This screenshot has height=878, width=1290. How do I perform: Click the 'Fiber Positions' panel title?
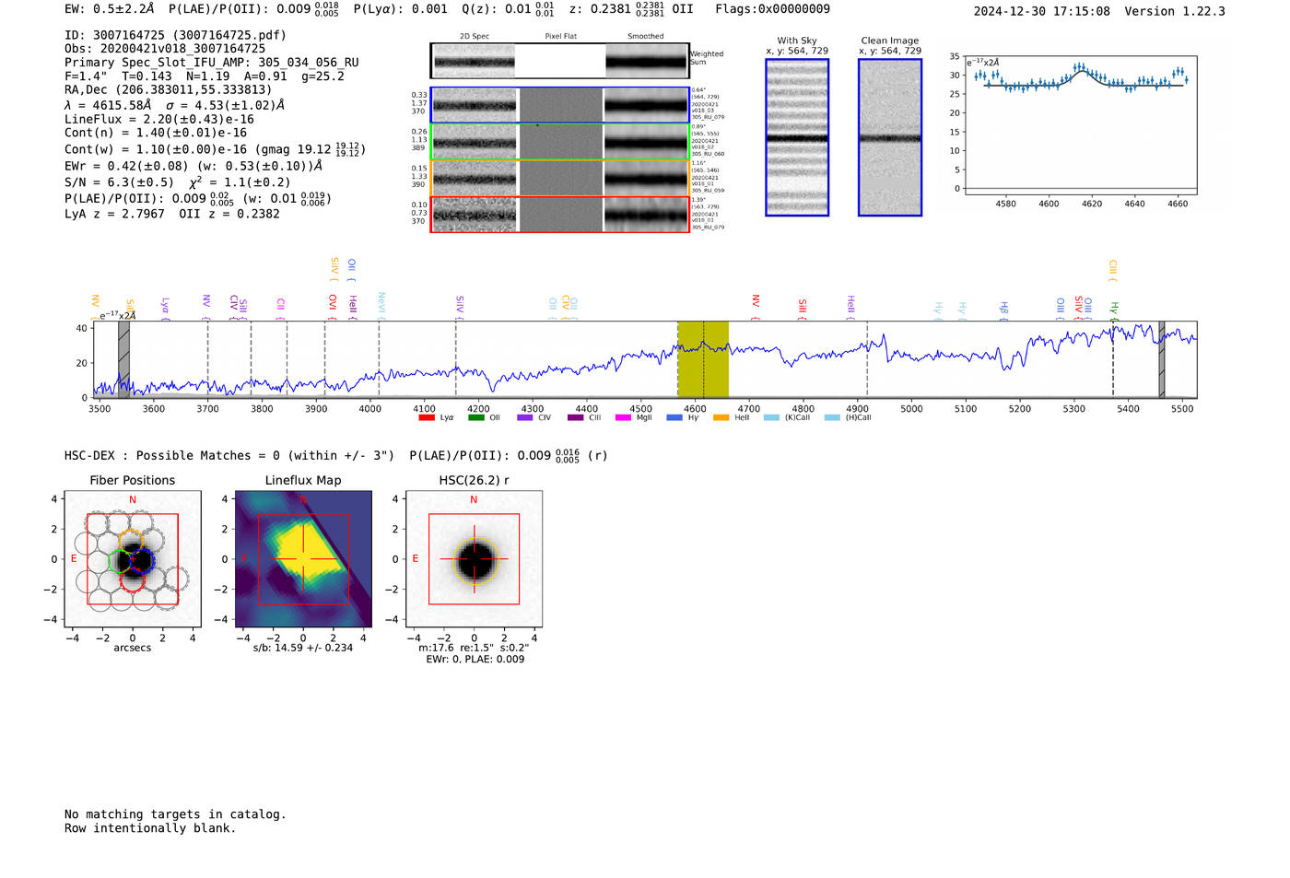click(132, 480)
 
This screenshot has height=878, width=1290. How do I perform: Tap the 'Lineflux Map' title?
click(303, 480)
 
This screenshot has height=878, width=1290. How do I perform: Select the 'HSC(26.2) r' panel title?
click(474, 480)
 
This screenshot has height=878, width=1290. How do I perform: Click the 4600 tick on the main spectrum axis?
click(695, 408)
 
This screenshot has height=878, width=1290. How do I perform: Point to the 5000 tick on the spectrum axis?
click(911, 408)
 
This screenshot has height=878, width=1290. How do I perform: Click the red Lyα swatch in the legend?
click(427, 418)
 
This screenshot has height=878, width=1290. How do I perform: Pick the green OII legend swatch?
click(475, 418)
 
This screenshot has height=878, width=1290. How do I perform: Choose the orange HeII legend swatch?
click(721, 418)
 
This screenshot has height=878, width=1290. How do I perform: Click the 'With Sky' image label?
click(797, 41)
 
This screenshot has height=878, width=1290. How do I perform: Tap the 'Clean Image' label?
click(890, 41)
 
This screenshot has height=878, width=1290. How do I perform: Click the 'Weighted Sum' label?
click(707, 58)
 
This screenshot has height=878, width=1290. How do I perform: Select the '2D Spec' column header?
click(475, 37)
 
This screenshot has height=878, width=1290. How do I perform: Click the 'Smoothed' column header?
click(646, 37)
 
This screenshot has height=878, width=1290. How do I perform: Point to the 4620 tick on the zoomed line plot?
click(1092, 204)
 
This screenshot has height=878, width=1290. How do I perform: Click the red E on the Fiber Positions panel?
click(75, 558)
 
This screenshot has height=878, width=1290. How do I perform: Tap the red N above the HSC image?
click(474, 499)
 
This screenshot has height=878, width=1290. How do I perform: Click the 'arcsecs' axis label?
click(132, 648)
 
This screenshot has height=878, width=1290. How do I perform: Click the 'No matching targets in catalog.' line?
click(175, 814)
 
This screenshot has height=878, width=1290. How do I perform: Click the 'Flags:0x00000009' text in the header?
click(772, 9)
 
